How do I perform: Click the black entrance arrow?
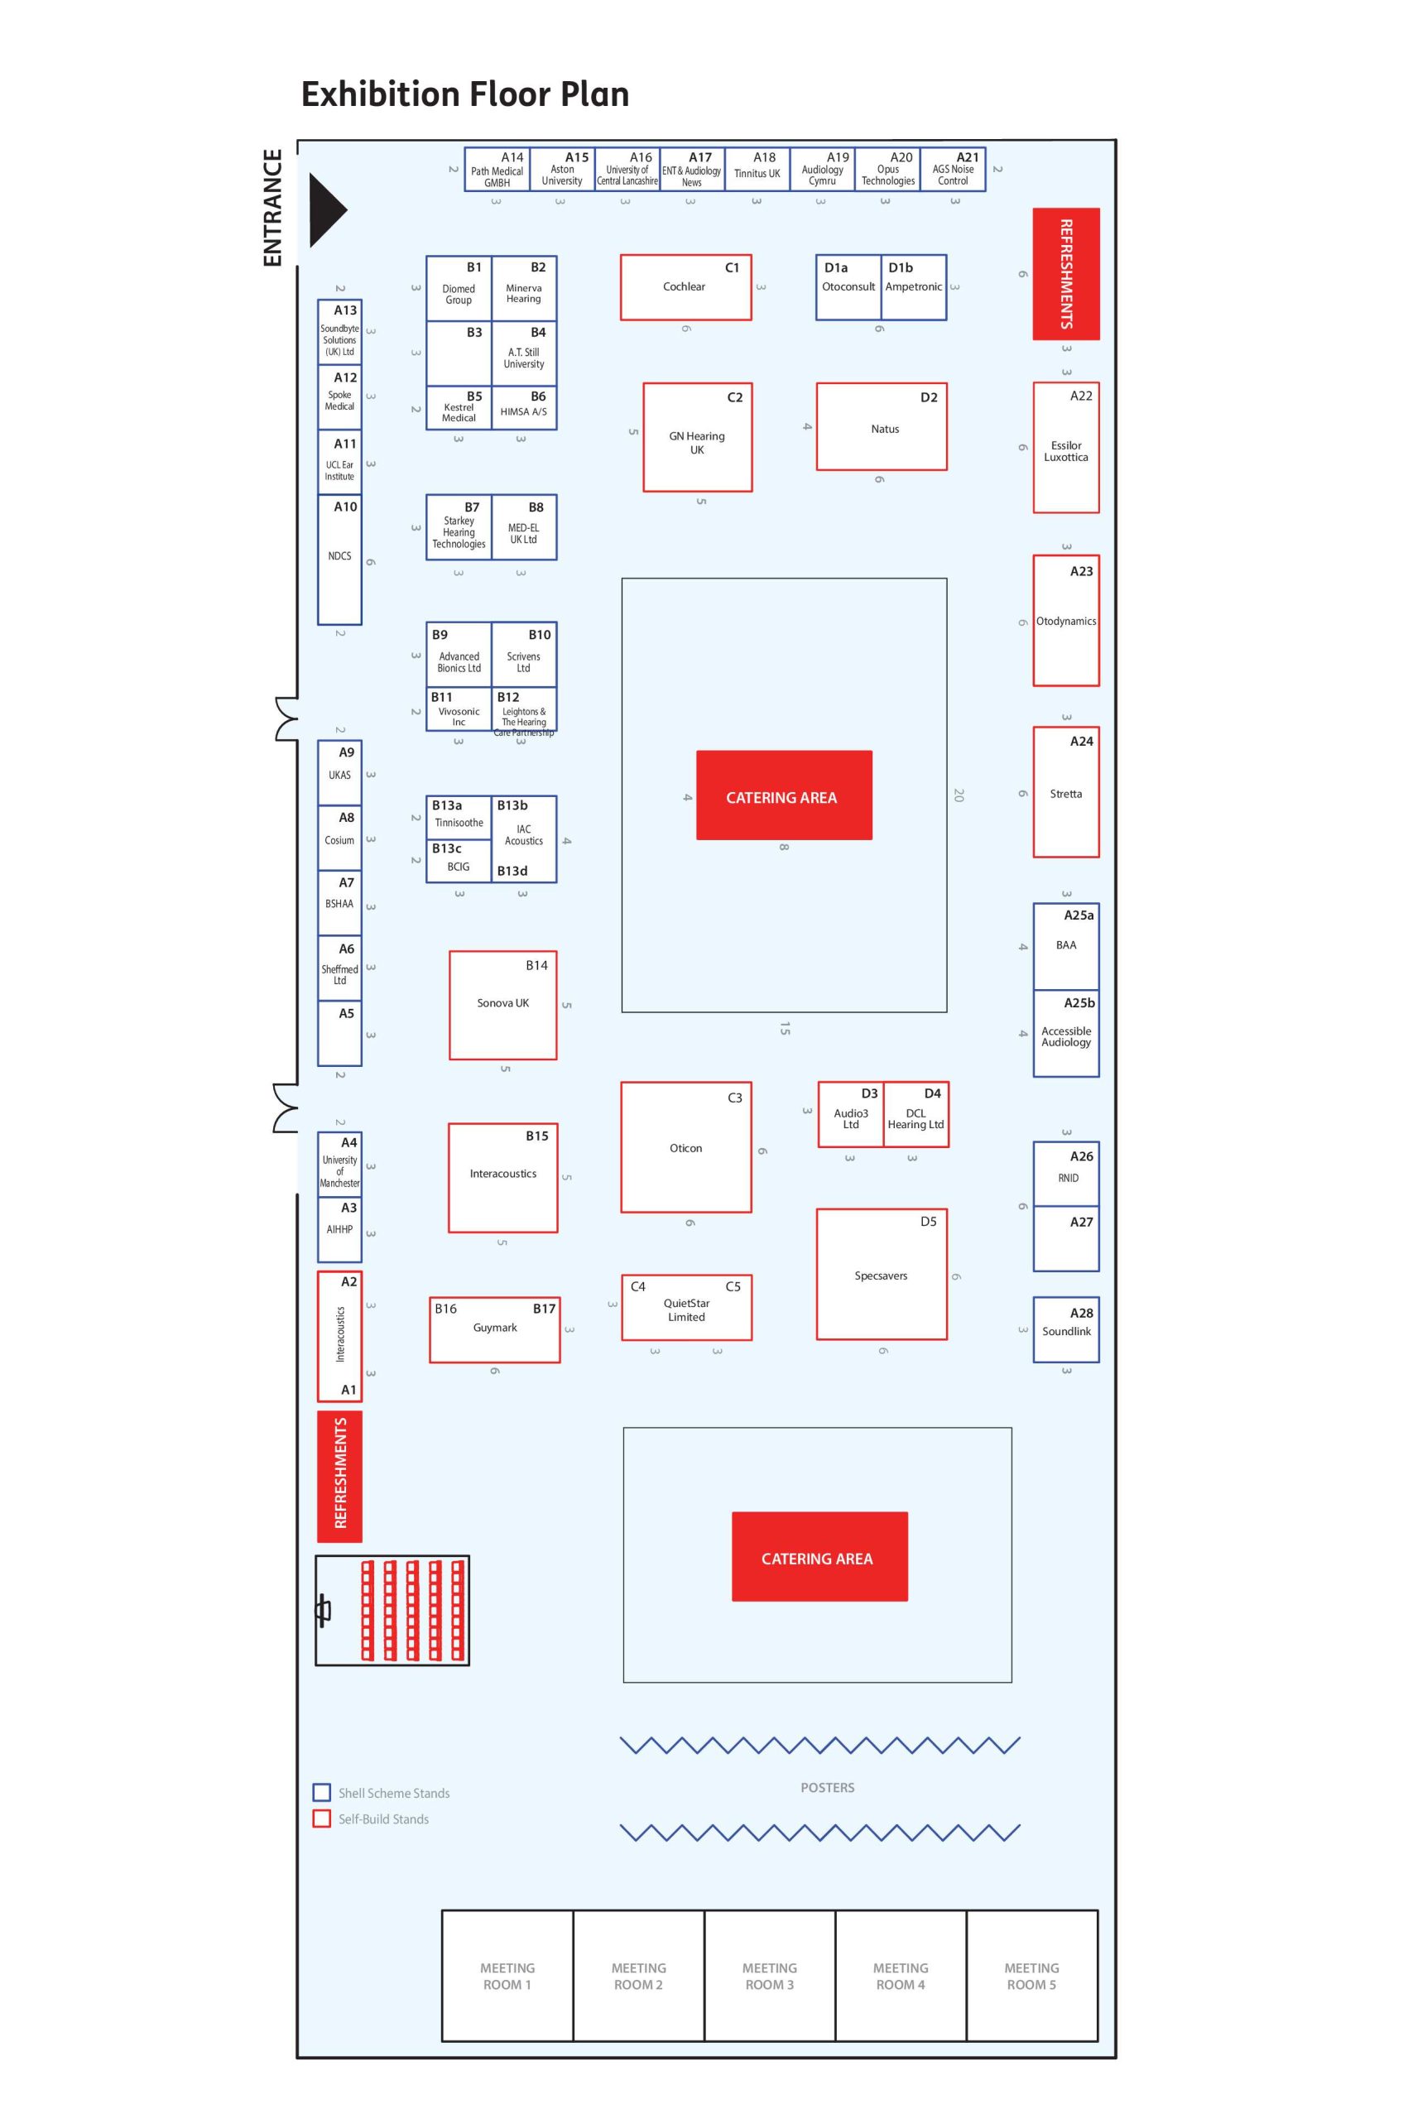tap(325, 210)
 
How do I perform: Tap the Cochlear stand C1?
tap(685, 287)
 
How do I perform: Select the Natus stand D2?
tap(882, 427)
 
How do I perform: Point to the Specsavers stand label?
tap(881, 1276)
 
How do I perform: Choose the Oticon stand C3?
tap(686, 1147)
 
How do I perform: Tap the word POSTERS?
tap(827, 1787)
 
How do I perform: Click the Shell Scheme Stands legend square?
tap(321, 1792)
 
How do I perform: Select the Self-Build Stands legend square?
tap(321, 1819)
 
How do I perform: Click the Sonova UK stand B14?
tap(503, 1005)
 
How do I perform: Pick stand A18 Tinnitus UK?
tap(757, 170)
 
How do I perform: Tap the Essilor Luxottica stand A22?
tap(1066, 449)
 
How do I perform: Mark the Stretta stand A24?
tap(1066, 793)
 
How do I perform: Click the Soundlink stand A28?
tap(1066, 1330)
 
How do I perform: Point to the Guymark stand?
tap(495, 1329)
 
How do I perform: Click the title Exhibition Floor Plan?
tap(464, 94)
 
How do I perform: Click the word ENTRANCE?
tap(272, 208)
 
